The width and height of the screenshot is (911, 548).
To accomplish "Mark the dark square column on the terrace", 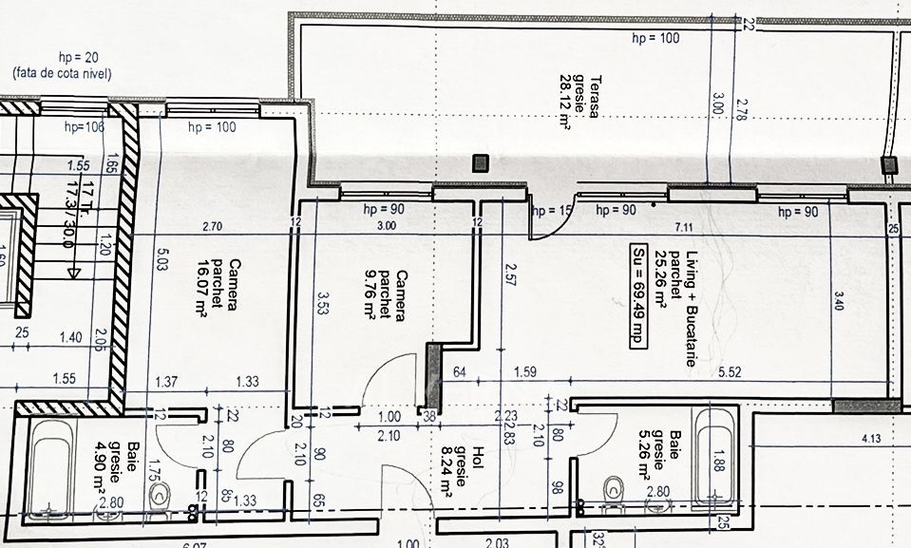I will click(x=482, y=163).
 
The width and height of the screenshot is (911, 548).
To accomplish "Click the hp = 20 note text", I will click(x=60, y=58).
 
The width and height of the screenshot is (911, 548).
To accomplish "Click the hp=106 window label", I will click(x=84, y=126).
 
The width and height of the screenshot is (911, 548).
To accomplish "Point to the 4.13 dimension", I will click(x=871, y=439).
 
